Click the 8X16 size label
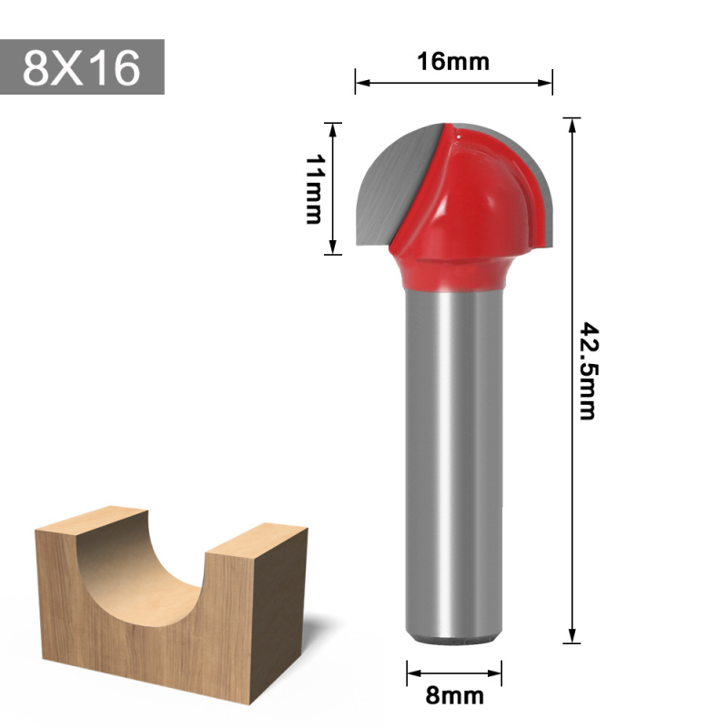point(82,67)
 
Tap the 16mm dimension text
point(453,62)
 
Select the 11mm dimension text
point(315,188)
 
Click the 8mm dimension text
point(454,697)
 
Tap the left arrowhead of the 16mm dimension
point(360,83)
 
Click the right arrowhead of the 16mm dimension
point(548,83)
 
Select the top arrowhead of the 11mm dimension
point(334,128)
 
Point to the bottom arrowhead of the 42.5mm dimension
point(572,638)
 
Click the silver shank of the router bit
point(453,455)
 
